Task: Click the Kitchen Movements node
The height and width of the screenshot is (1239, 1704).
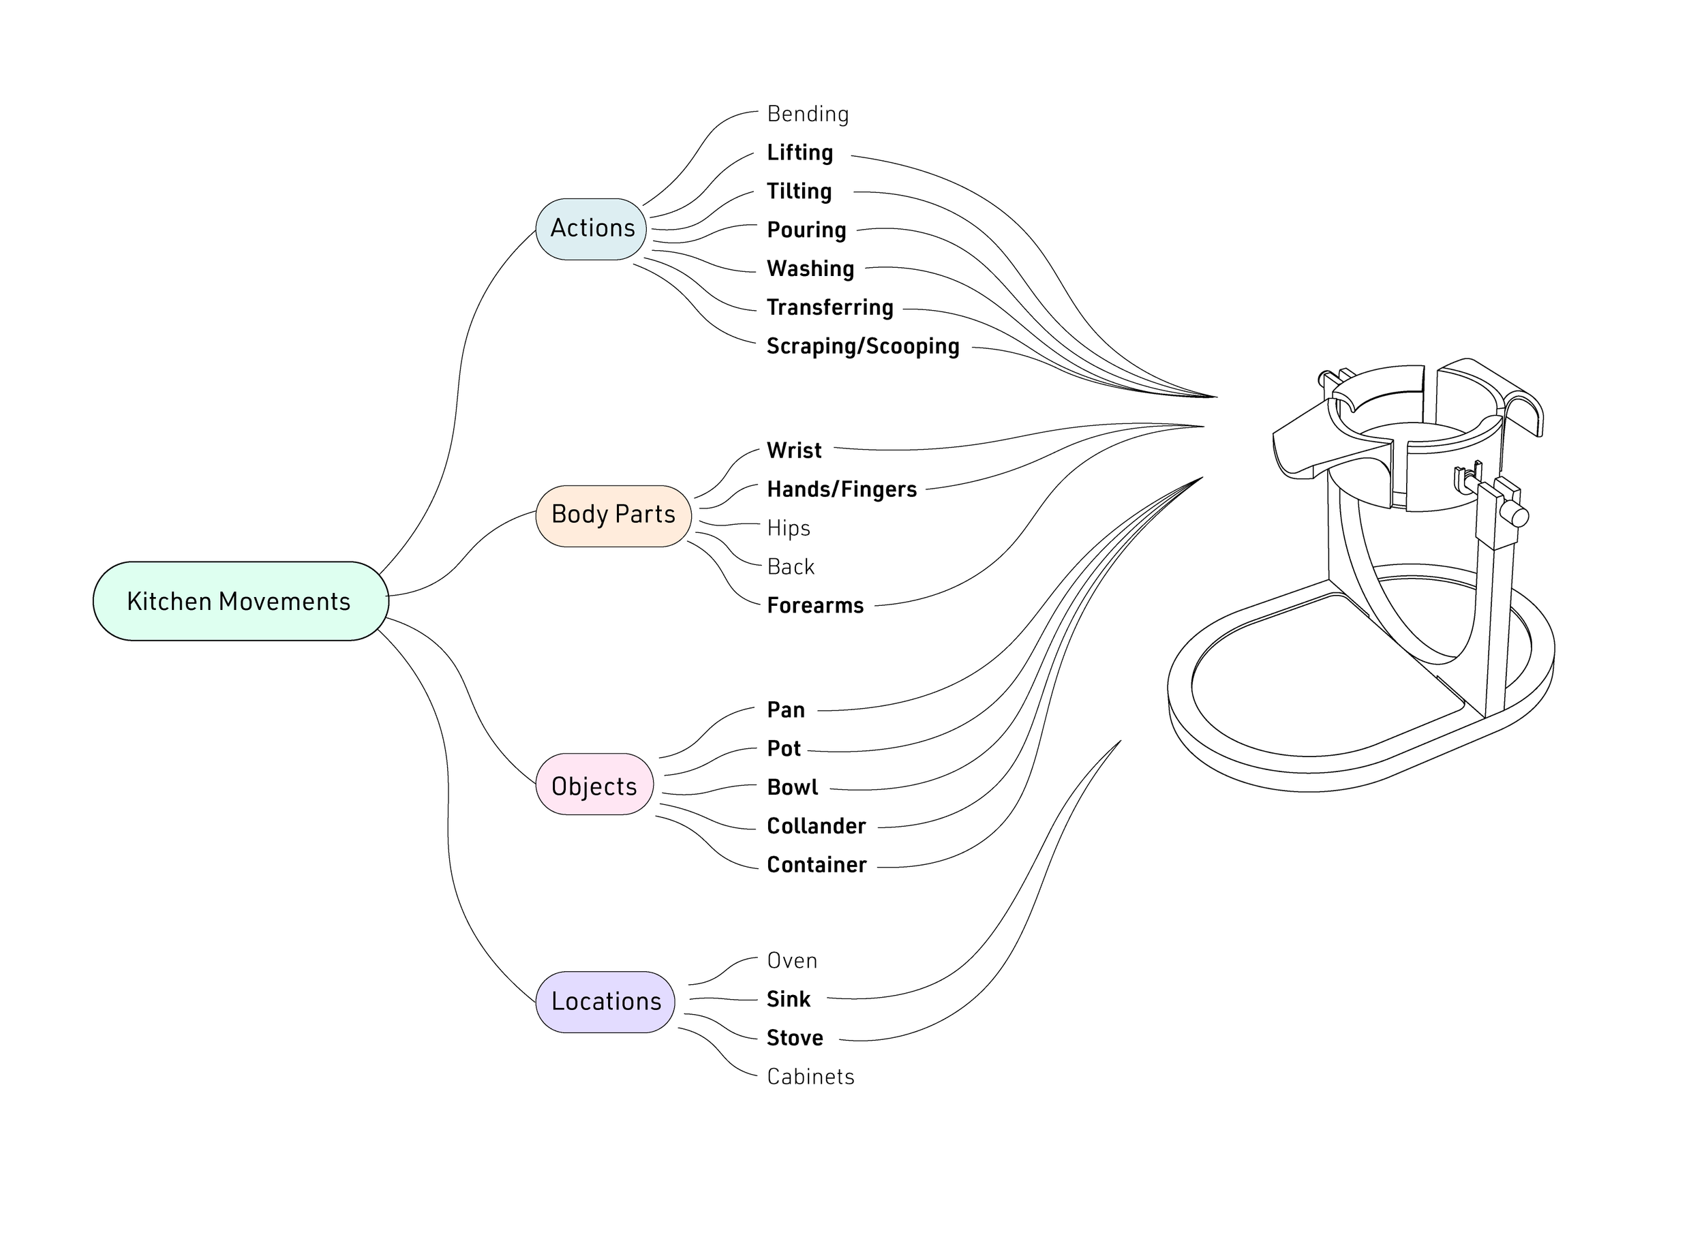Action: coord(241,601)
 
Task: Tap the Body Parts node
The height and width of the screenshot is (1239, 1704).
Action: coord(613,515)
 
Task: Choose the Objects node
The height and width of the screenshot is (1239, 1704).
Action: coord(594,784)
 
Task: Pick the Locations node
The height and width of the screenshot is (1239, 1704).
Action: coord(605,1002)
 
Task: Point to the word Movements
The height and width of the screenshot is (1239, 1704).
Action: coord(285,601)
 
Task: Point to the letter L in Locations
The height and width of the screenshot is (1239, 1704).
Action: coord(557,1002)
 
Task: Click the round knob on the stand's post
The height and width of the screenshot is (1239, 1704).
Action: coord(1519,517)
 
